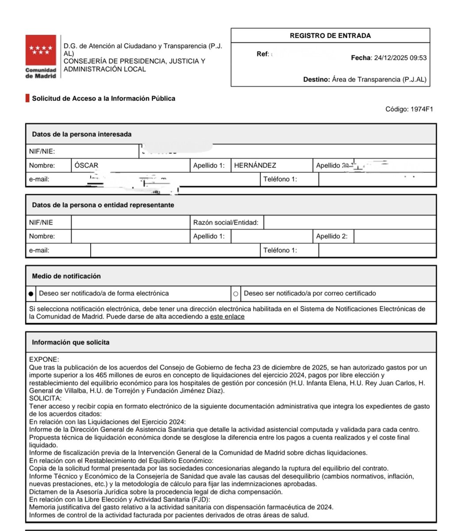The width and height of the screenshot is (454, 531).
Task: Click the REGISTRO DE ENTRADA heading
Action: point(330,36)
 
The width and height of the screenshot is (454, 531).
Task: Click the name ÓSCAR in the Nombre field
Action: point(86,165)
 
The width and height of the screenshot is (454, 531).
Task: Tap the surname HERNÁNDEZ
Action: point(255,165)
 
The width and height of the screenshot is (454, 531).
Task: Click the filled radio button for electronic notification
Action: point(31,293)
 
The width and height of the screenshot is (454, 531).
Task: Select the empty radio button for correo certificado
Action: point(235,293)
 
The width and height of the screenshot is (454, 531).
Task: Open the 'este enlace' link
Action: point(227,317)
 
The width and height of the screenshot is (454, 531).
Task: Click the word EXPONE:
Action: point(44,360)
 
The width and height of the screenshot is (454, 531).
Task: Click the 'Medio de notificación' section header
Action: point(66,276)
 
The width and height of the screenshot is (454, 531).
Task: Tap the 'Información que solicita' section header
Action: point(71,342)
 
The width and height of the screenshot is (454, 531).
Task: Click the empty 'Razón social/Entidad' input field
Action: point(350,223)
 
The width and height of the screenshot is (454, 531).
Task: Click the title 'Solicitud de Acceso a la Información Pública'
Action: point(104,98)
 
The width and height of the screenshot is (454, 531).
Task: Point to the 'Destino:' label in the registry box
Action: point(316,80)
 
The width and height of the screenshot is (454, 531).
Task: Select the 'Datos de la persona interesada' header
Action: point(81,134)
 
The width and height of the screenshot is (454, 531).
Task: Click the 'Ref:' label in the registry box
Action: point(263,54)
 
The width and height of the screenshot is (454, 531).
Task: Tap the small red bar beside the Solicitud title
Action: point(27,98)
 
